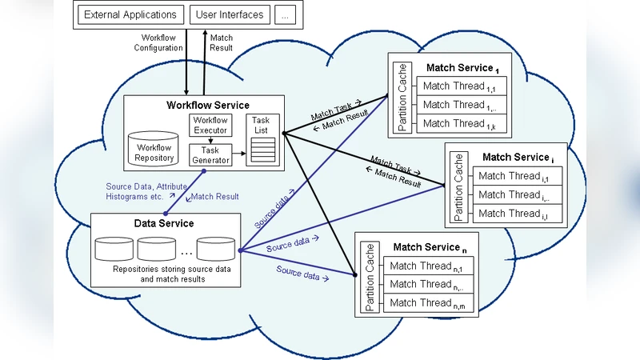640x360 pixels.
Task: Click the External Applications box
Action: pyautogui.click(x=130, y=14)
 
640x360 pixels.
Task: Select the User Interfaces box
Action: pyautogui.click(x=229, y=14)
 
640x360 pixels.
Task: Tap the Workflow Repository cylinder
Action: pyautogui.click(x=154, y=150)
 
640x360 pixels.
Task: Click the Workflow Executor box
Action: pyautogui.click(x=210, y=125)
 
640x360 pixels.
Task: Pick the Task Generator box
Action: pyautogui.click(x=210, y=154)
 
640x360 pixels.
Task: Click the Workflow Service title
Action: pyautogui.click(x=207, y=105)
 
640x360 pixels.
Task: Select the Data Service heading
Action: pyautogui.click(x=164, y=223)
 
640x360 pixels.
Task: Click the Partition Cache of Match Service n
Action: pyautogui.click(x=370, y=276)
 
